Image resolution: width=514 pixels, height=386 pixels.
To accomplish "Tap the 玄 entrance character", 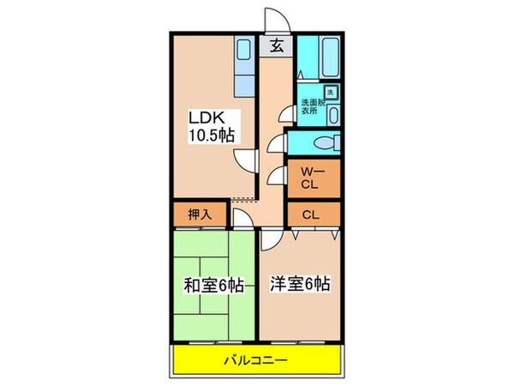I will (x=277, y=46).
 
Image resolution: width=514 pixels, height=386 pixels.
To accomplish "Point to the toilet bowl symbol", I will (x=323, y=142).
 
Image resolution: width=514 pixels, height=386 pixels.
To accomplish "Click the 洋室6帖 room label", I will (x=302, y=283).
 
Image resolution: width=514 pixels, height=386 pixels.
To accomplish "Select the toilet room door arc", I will (x=276, y=142).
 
